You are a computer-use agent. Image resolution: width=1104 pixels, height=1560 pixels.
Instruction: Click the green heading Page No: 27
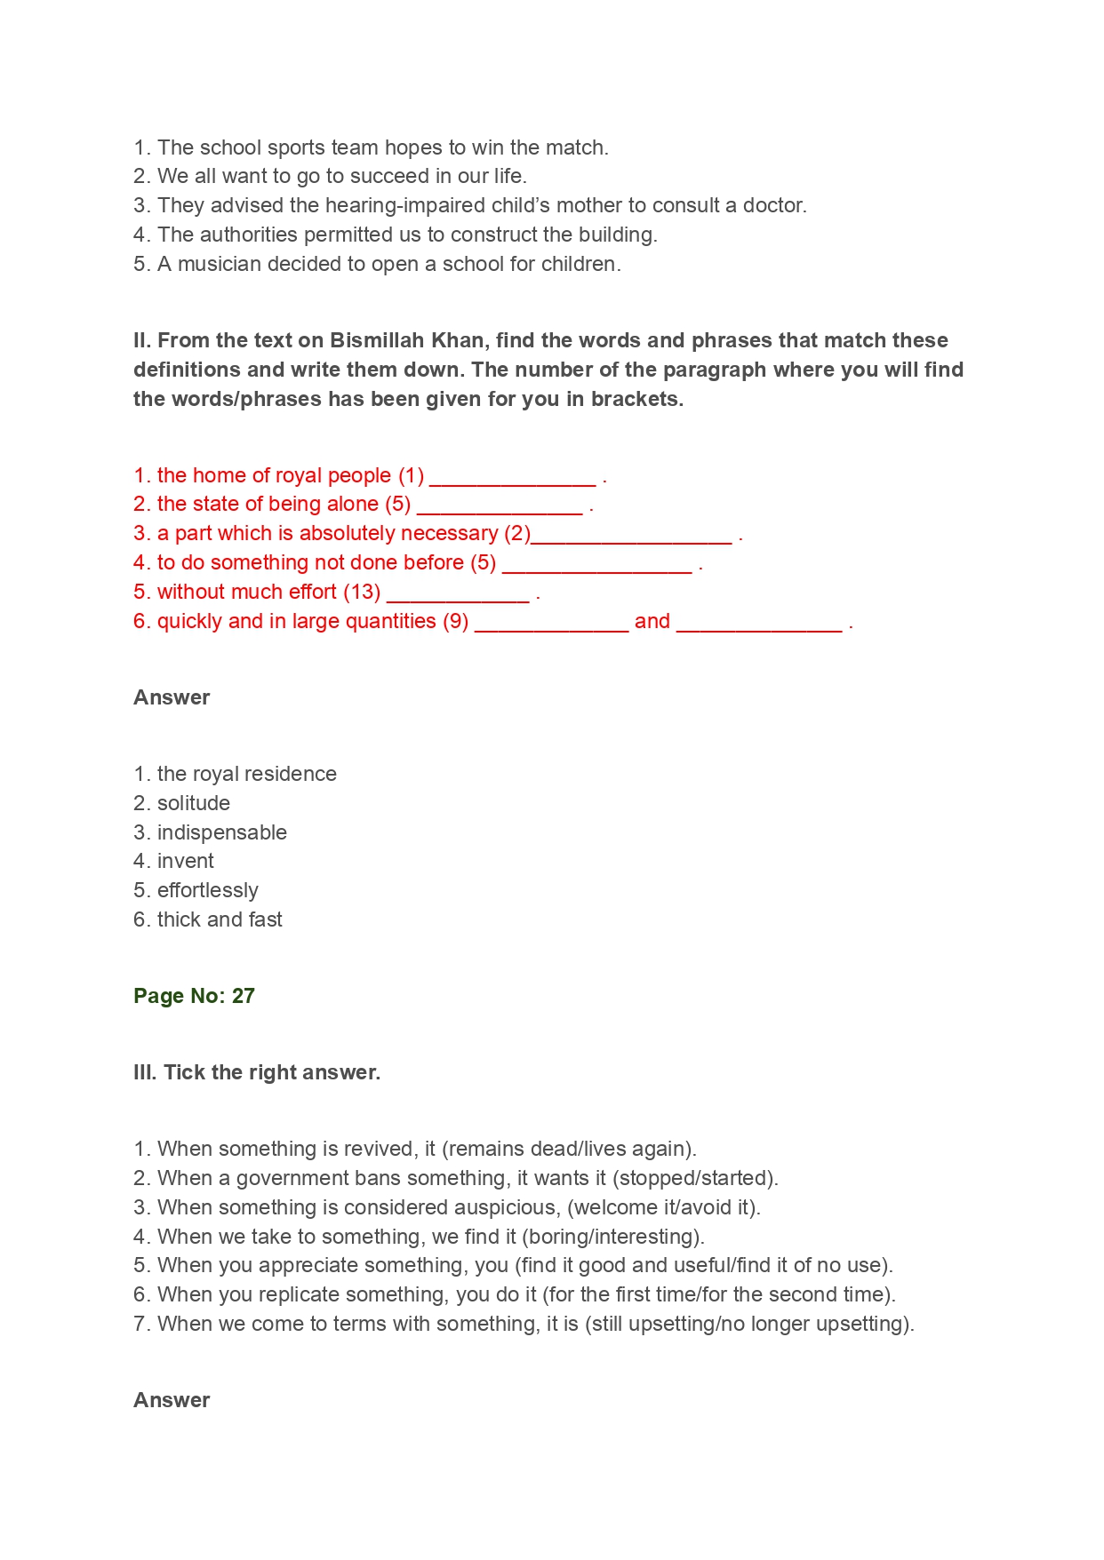coord(194,996)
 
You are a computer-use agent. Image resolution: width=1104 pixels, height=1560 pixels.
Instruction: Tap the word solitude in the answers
coord(194,803)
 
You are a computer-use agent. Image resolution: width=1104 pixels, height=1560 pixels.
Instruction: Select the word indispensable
coord(222,832)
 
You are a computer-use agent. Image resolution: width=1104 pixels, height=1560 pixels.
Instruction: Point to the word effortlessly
coord(208,890)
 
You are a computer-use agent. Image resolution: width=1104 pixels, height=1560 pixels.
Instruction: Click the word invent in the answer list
coord(186,861)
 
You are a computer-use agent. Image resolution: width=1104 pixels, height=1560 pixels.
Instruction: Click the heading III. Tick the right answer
coord(257,1072)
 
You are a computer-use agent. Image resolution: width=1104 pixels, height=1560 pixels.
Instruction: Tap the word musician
coord(220,264)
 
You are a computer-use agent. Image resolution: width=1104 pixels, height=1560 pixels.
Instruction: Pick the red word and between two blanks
coord(652,621)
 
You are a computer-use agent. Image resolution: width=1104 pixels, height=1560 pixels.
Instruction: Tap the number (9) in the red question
coord(455,621)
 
